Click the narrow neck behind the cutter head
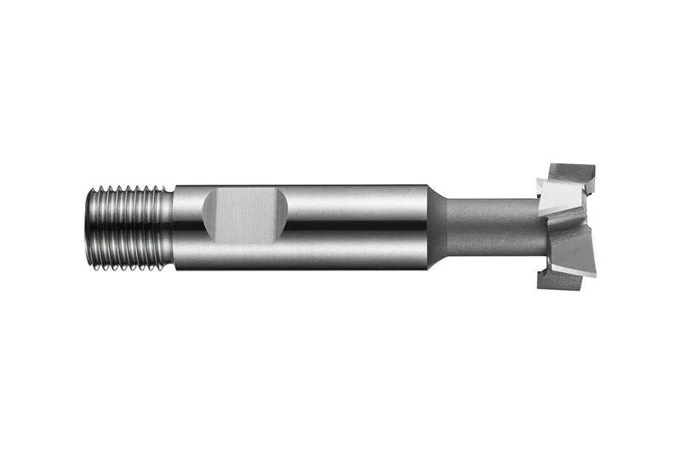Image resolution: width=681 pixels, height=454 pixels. [489, 225]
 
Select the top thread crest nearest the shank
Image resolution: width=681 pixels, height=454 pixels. [161, 188]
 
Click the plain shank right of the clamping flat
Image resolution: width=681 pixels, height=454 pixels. [358, 225]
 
